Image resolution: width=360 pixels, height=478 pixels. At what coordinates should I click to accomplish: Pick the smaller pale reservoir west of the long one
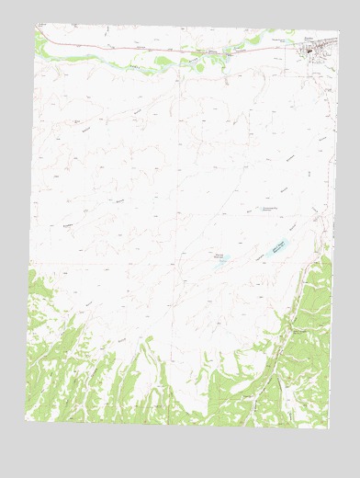point(223,262)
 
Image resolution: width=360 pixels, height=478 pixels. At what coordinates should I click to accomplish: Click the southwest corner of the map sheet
point(26,419)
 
